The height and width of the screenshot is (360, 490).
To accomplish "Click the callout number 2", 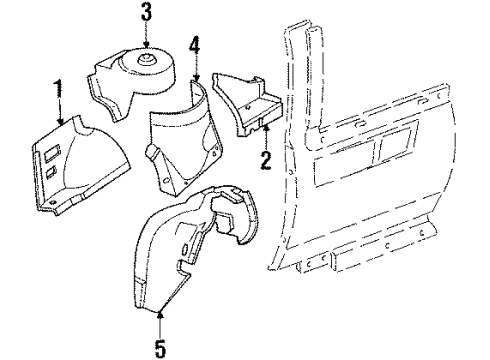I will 265,161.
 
